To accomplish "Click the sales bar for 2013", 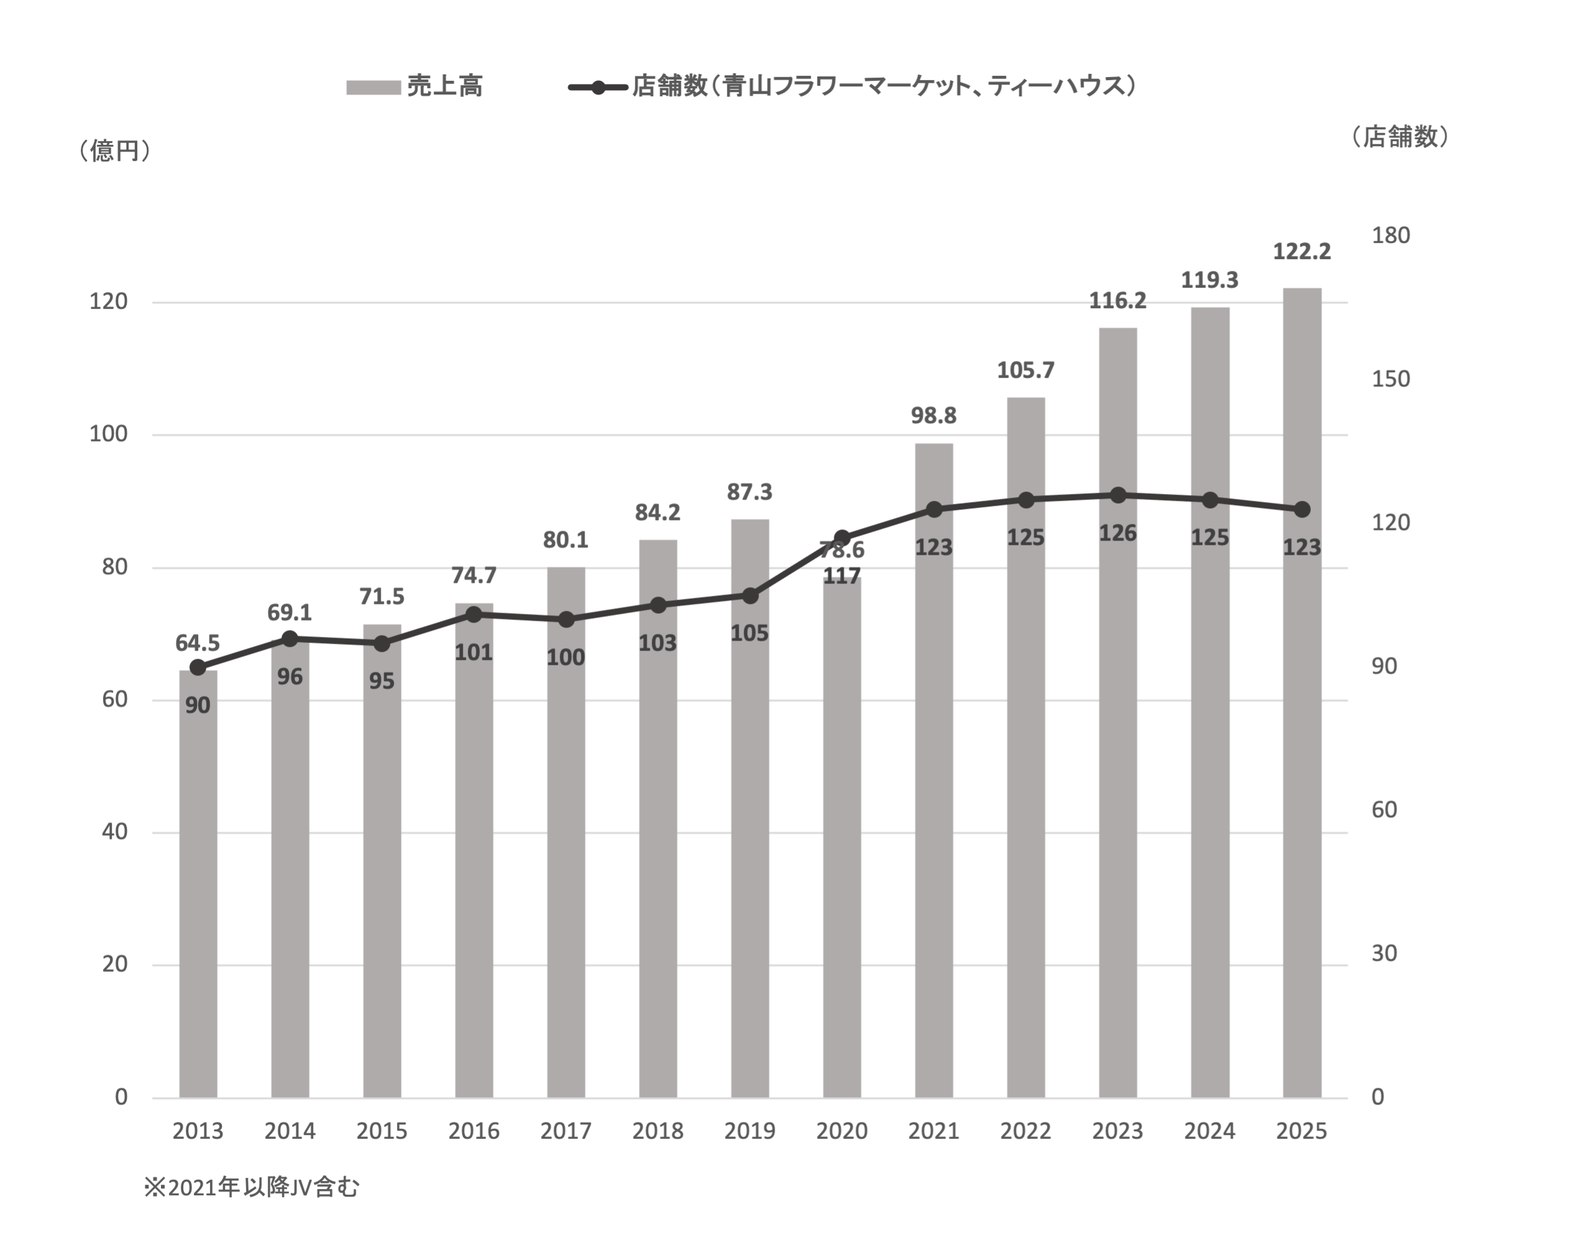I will click(198, 884).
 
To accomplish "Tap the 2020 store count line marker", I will click(841, 537).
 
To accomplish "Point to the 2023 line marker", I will click(1118, 496).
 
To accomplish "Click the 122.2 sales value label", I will click(1302, 252).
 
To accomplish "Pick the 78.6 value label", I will click(841, 550).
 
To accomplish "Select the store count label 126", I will click(1118, 534).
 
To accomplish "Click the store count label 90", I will click(198, 705).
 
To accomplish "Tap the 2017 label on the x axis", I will click(565, 1131).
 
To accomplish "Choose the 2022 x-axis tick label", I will click(1026, 1131).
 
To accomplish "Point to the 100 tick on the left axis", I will click(107, 434).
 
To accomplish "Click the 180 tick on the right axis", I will click(1390, 235).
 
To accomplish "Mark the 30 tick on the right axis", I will click(1384, 952).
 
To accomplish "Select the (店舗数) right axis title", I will click(1399, 137).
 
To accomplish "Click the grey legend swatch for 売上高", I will click(373, 88).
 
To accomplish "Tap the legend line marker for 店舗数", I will click(598, 88).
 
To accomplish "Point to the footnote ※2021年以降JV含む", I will click(252, 1188).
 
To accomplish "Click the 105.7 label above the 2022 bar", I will click(1026, 371).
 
